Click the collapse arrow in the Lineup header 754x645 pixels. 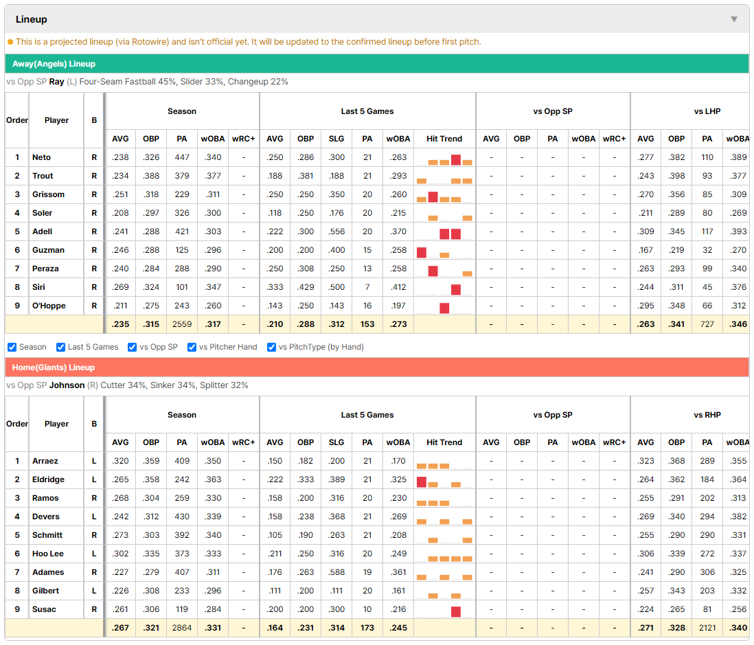[734, 19]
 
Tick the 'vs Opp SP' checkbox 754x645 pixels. [133, 348]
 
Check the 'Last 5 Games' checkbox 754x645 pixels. [60, 348]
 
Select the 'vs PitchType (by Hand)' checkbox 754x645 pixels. [272, 348]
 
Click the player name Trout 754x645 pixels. [43, 176]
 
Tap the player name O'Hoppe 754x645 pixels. [49, 306]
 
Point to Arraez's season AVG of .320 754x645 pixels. [120, 461]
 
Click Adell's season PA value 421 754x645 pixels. [182, 231]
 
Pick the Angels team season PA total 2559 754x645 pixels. [182, 324]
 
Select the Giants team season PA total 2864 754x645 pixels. [182, 628]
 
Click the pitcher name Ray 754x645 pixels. [57, 82]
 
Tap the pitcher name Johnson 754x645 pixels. [67, 385]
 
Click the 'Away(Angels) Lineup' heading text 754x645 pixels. [54, 64]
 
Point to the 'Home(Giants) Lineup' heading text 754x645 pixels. [54, 367]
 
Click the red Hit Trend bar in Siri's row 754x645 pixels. [456, 289]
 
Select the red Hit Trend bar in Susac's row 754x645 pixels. [456, 611]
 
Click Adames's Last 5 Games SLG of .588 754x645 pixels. [336, 572]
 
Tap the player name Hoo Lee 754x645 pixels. [48, 554]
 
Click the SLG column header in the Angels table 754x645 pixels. [336, 139]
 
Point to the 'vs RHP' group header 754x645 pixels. [707, 415]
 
